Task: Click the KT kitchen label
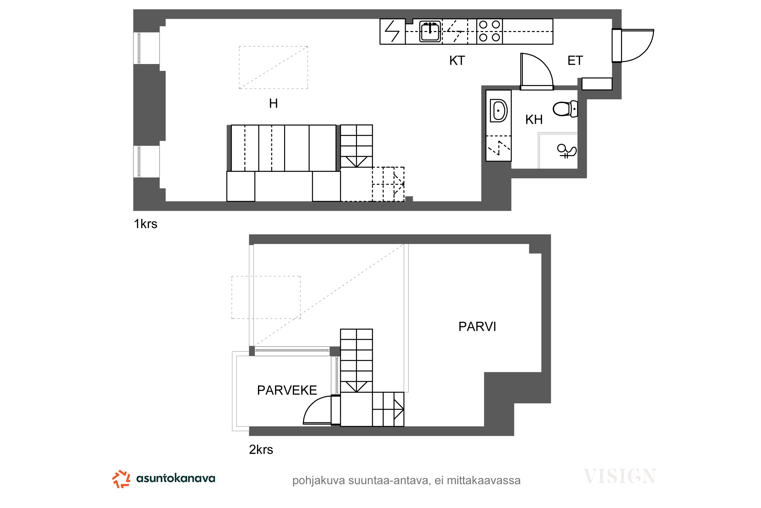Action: point(457,61)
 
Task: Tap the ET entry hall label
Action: point(575,61)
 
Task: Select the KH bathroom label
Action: point(534,120)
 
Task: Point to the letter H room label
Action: point(273,103)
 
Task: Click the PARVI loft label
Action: point(477,327)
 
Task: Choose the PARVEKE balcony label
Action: point(287,390)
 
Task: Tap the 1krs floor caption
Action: point(146,224)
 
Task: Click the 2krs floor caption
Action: point(261,450)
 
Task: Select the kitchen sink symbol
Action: point(430,31)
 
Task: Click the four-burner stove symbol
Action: point(490,31)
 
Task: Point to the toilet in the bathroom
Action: point(565,109)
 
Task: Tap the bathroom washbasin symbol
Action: point(499,111)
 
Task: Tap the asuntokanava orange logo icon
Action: point(121,479)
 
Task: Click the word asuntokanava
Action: point(176,478)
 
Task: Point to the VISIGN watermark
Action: point(620,476)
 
